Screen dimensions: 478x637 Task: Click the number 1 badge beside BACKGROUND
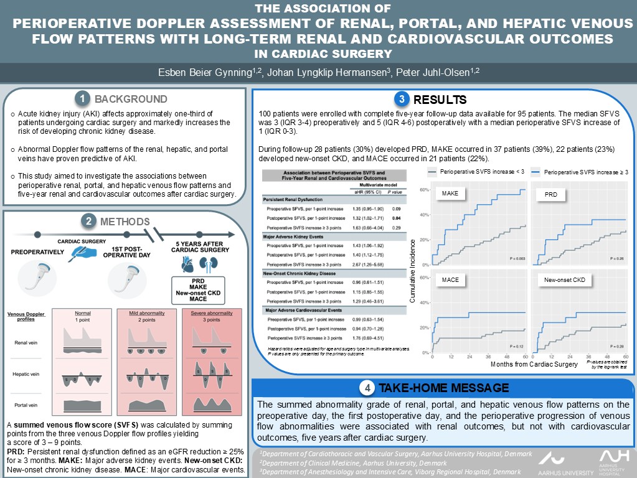(x=82, y=99)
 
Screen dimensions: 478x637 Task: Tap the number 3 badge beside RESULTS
(x=402, y=100)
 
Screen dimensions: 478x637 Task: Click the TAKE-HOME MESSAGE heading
(x=443, y=388)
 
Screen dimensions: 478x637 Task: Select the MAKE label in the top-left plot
(x=450, y=194)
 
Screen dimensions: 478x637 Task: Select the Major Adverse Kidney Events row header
(x=296, y=237)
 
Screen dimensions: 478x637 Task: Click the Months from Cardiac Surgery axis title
(x=534, y=364)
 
